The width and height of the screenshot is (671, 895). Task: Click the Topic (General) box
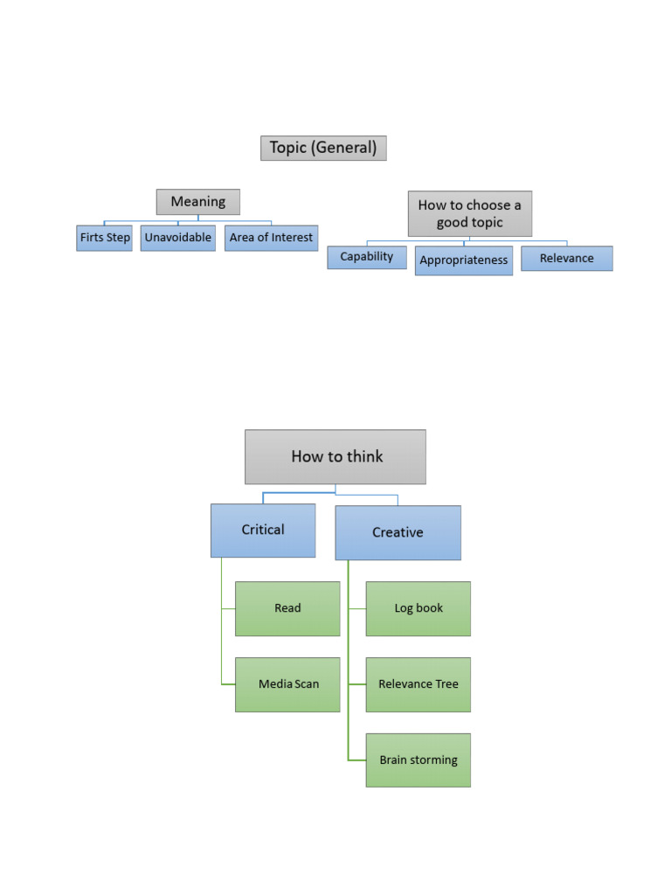tap(323, 148)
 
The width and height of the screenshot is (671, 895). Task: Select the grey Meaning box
tap(198, 202)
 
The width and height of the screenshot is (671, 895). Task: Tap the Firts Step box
tap(104, 238)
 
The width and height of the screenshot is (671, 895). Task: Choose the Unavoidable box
tap(177, 238)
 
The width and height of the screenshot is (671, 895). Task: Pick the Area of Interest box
tap(271, 238)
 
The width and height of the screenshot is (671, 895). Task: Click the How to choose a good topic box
tap(469, 214)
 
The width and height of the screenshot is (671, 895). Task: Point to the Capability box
tap(367, 257)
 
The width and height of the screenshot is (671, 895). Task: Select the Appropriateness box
tap(463, 260)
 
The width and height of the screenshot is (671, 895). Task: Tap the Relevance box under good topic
tap(566, 259)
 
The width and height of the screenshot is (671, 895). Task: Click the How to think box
tap(335, 456)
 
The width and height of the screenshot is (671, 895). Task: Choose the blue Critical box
tap(263, 530)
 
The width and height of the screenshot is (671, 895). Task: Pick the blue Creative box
tap(398, 532)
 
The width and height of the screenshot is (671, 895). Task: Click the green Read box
tap(287, 608)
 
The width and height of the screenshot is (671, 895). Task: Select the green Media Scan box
tap(287, 684)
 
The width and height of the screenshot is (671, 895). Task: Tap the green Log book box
tap(418, 608)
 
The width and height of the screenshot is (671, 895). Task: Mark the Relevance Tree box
tap(418, 684)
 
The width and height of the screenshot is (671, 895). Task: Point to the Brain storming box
tap(418, 760)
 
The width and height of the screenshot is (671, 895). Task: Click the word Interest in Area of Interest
tap(292, 238)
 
